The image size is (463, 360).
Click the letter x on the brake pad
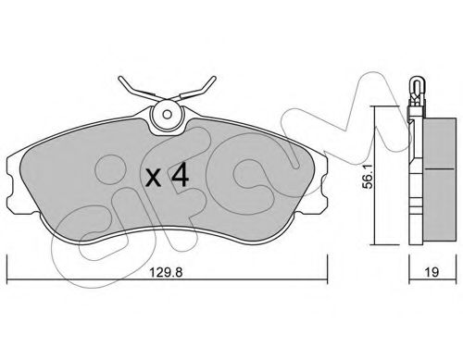pos(154,178)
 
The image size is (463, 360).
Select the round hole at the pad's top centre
pos(168,118)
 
